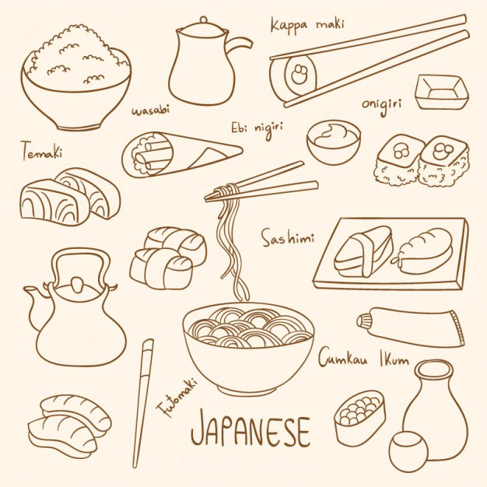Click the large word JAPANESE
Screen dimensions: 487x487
[x=250, y=429]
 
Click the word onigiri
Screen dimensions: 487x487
[x=383, y=103]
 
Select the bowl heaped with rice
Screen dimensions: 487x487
[x=76, y=78]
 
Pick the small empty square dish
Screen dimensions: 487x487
[x=441, y=93]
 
